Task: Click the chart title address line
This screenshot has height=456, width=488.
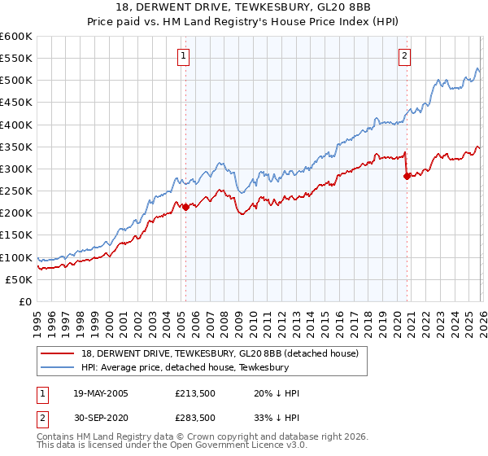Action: click(x=243, y=7)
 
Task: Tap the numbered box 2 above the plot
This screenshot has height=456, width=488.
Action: click(x=404, y=56)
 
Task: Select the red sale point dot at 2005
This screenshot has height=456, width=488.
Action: click(x=185, y=207)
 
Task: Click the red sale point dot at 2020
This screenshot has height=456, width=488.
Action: click(x=407, y=176)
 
